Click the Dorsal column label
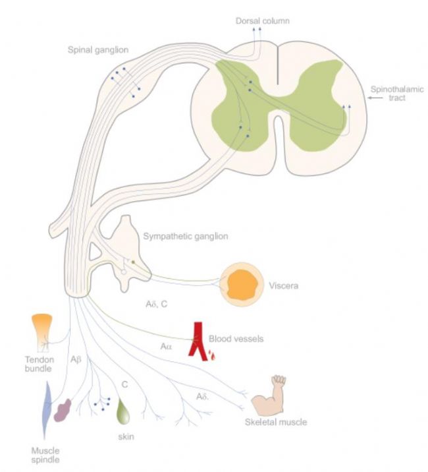(x=262, y=21)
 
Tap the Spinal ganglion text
(x=98, y=49)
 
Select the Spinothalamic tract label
(x=397, y=94)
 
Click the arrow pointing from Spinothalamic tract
(x=375, y=98)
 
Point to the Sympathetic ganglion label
(x=186, y=236)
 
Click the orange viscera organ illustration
(x=242, y=284)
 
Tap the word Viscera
(x=284, y=285)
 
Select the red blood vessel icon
(x=201, y=341)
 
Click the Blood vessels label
(x=236, y=339)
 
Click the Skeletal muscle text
(x=276, y=422)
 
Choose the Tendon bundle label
(x=39, y=364)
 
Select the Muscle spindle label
(x=45, y=455)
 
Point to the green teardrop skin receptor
(x=123, y=411)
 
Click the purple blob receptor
(x=63, y=410)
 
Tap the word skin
(x=126, y=436)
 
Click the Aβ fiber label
(x=76, y=359)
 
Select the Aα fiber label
(x=166, y=347)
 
